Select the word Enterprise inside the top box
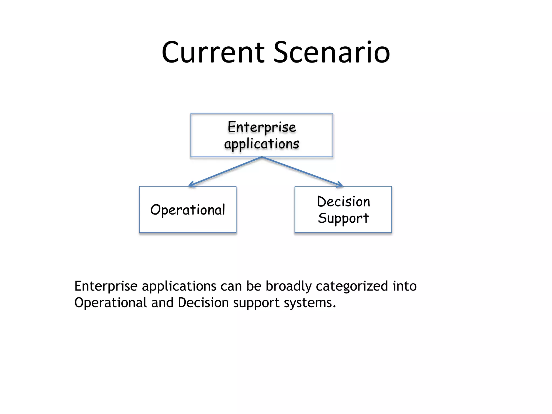tap(262, 127)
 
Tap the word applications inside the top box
tap(262, 144)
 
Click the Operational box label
tap(188, 210)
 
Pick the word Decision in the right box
tap(343, 202)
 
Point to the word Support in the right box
tap(343, 218)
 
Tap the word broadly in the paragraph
tap(288, 286)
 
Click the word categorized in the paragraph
tap(352, 286)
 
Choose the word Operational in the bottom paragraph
tap(110, 303)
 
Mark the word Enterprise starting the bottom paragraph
tap(106, 286)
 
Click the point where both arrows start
tap(262, 157)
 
